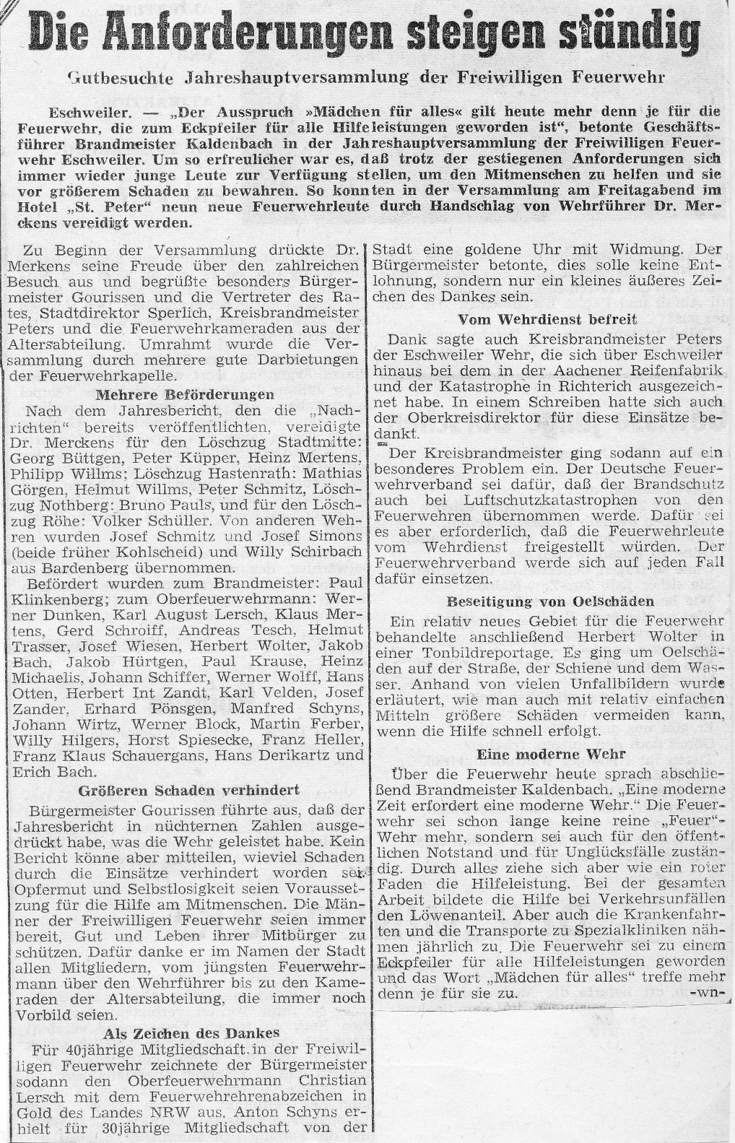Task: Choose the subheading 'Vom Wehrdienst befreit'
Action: click(547, 318)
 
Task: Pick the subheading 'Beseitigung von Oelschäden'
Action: click(550, 601)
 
